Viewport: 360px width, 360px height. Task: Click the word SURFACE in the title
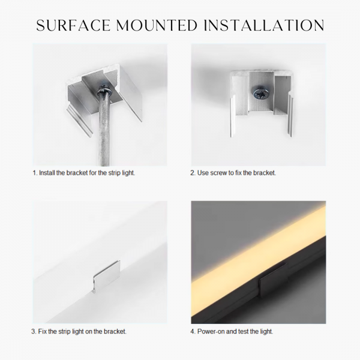(x=73, y=25)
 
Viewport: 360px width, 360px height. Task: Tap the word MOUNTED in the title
(x=157, y=25)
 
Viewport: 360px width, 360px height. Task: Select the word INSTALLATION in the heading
(x=264, y=25)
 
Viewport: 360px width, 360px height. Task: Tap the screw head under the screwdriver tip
(x=105, y=90)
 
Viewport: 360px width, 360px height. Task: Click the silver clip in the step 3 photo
(x=107, y=277)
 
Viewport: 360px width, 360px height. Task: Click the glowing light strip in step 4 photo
(x=259, y=245)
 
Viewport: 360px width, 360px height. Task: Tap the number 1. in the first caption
(x=35, y=173)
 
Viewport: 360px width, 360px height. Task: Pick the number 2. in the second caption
(x=193, y=173)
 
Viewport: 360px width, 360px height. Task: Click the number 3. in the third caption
(x=34, y=332)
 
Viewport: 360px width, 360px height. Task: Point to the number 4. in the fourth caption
(x=193, y=332)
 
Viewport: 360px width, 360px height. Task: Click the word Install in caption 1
(x=47, y=173)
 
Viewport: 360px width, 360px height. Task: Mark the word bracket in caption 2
(x=265, y=173)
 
